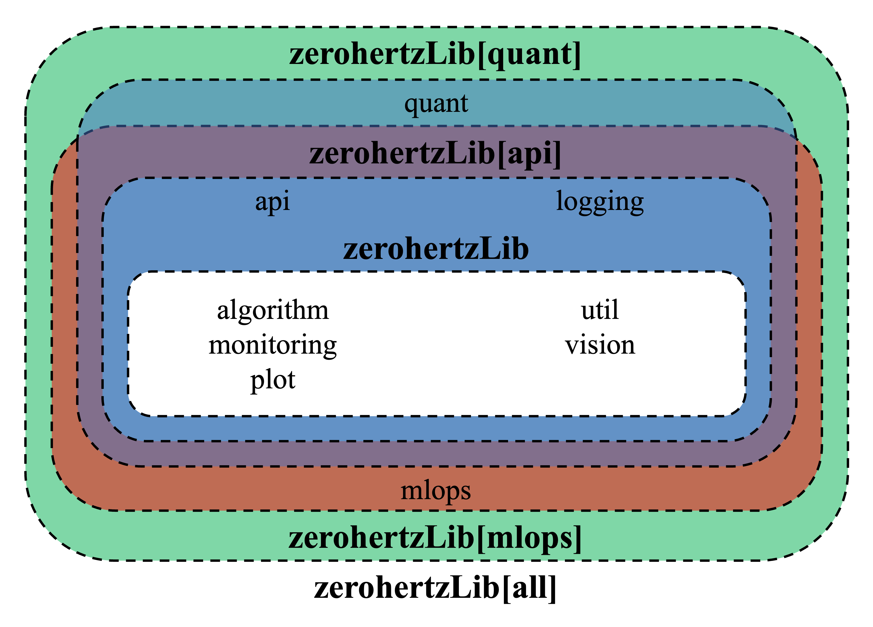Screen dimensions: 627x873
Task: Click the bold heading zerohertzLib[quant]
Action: point(435,55)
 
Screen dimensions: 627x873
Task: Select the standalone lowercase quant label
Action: point(436,104)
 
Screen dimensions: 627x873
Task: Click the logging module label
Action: point(600,202)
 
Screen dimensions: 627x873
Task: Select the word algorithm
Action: point(273,310)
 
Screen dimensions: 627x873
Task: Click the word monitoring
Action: point(273,345)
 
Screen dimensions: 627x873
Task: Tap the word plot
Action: point(273,380)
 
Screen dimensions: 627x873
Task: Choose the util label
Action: point(600,310)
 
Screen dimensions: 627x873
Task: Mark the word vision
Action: point(600,345)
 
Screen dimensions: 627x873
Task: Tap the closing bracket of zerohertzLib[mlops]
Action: point(577,539)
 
